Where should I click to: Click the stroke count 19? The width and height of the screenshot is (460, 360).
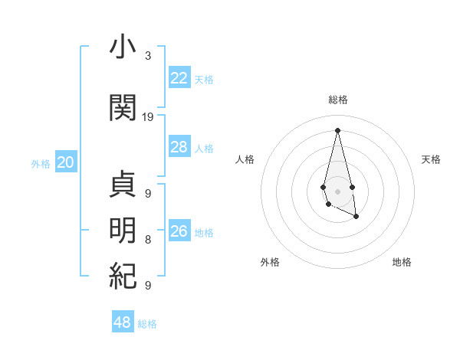click(x=148, y=117)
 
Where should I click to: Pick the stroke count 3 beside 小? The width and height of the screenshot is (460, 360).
click(x=147, y=56)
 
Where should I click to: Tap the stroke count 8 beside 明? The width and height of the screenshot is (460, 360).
click(x=147, y=240)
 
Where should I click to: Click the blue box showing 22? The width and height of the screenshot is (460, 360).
click(x=179, y=77)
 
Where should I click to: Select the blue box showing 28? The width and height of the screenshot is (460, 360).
click(x=179, y=147)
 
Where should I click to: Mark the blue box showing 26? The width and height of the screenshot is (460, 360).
click(x=179, y=231)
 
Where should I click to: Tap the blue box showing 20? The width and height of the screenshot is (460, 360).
click(x=66, y=162)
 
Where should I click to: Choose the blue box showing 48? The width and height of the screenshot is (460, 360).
click(x=123, y=322)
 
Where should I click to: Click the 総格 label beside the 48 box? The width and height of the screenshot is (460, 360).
click(x=147, y=324)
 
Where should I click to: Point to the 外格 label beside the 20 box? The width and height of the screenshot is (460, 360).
click(x=41, y=163)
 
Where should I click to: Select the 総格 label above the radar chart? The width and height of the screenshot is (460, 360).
click(x=338, y=100)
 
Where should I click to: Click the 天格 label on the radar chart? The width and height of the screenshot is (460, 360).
click(x=431, y=159)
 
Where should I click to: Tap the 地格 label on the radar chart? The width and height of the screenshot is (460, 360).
click(x=402, y=262)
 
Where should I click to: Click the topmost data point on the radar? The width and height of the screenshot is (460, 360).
click(x=338, y=129)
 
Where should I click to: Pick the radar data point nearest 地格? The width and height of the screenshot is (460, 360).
click(x=356, y=217)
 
